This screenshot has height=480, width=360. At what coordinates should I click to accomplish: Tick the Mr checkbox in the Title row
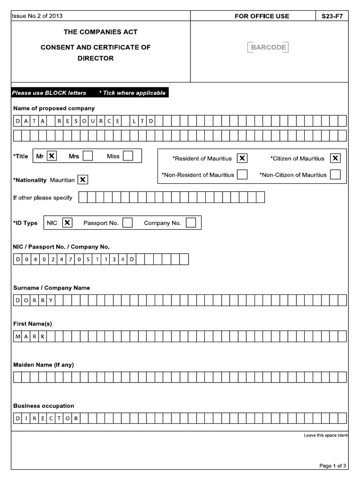pyautogui.click(x=52, y=156)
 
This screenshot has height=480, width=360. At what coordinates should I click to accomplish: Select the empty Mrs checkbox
pyautogui.click(x=88, y=156)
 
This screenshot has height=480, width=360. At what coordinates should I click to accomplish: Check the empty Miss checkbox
pyautogui.click(x=128, y=156)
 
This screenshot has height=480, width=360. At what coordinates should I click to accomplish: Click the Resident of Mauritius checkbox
pyautogui.click(x=242, y=158)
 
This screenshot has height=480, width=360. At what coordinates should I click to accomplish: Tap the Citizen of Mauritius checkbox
pyautogui.click(x=336, y=158)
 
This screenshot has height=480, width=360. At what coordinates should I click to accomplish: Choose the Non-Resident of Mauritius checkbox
pyautogui.click(x=242, y=175)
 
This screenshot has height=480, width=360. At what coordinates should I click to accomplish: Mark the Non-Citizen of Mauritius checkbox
pyautogui.click(x=335, y=175)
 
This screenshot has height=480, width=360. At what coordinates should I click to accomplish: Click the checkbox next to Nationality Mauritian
pyautogui.click(x=82, y=180)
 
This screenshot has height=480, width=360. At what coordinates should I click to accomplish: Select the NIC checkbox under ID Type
pyautogui.click(x=67, y=223)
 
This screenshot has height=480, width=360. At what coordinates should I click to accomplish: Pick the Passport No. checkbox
pyautogui.click(x=127, y=223)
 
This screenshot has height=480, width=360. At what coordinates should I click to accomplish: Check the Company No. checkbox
pyautogui.click(x=191, y=223)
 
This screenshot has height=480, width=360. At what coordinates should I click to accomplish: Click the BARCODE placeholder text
pyautogui.click(x=268, y=47)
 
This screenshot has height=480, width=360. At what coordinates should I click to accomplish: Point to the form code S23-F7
pyautogui.click(x=332, y=16)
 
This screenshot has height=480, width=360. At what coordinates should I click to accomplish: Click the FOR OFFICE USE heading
pyautogui.click(x=262, y=16)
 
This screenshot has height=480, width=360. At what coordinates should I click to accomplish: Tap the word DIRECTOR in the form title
pyautogui.click(x=96, y=59)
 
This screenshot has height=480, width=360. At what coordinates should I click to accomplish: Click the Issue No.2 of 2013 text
pyautogui.click(x=37, y=16)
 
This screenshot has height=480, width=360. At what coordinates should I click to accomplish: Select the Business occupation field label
pyautogui.click(x=44, y=406)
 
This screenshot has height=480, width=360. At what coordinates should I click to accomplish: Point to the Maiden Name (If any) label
pyautogui.click(x=44, y=365)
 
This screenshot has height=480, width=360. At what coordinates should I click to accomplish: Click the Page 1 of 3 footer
pyautogui.click(x=333, y=465)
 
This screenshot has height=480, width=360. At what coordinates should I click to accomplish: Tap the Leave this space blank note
pyautogui.click(x=326, y=436)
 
